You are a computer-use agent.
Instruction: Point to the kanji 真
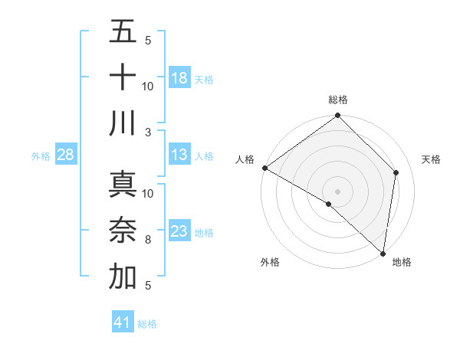[123, 185]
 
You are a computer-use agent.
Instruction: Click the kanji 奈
[123, 231]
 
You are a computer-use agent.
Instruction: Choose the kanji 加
[123, 277]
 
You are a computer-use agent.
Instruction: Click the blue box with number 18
[179, 77]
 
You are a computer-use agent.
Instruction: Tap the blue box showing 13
[179, 155]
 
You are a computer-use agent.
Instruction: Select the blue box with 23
[179, 231]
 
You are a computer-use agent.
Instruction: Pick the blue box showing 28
[66, 155]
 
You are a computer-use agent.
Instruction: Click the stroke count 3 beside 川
[148, 132]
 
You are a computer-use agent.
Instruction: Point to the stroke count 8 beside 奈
[148, 240]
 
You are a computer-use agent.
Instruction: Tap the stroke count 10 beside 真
[148, 193]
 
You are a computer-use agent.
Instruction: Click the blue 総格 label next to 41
[147, 324]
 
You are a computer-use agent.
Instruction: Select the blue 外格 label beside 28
[41, 156]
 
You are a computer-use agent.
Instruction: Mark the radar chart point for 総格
[337, 116]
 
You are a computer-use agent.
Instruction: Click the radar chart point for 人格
[264, 168]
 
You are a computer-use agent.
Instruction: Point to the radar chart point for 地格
[383, 253]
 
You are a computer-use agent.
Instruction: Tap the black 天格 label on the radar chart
[432, 159]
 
